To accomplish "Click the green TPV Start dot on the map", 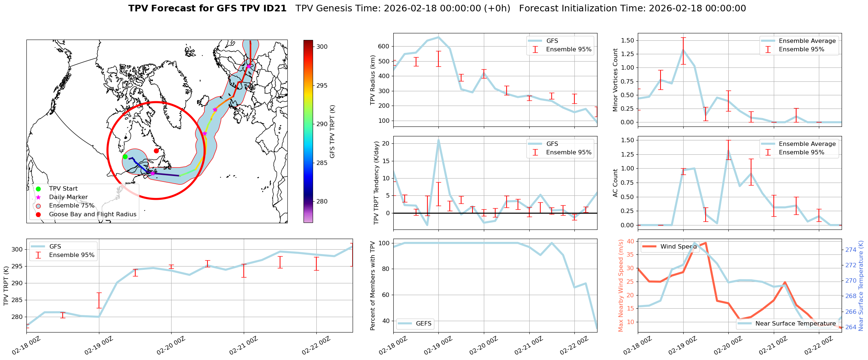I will click(125, 157).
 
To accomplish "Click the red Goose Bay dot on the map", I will click(156, 151).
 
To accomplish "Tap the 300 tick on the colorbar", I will click(322, 47).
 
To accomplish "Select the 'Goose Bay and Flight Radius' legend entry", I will click(92, 214).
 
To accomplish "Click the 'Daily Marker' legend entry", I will click(68, 197).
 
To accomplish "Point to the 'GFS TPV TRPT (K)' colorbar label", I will click(332, 131).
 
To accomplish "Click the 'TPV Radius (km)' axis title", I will click(373, 80).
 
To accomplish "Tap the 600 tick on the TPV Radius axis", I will click(384, 46).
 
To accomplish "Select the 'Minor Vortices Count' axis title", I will click(615, 80).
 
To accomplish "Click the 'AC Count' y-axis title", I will click(615, 183).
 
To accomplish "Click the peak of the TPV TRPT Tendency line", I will click(438, 140).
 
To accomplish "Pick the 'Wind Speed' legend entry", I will click(678, 247).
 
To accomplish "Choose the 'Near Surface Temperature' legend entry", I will click(795, 323).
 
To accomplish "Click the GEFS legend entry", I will click(423, 323).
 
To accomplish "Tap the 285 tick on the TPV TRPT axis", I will click(18, 300).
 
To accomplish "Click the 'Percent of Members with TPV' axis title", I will click(373, 286).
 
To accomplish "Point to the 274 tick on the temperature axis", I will click(851, 250).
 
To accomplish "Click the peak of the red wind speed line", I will click(706, 243).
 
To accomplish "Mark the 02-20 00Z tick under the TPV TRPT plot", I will click(171, 346).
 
